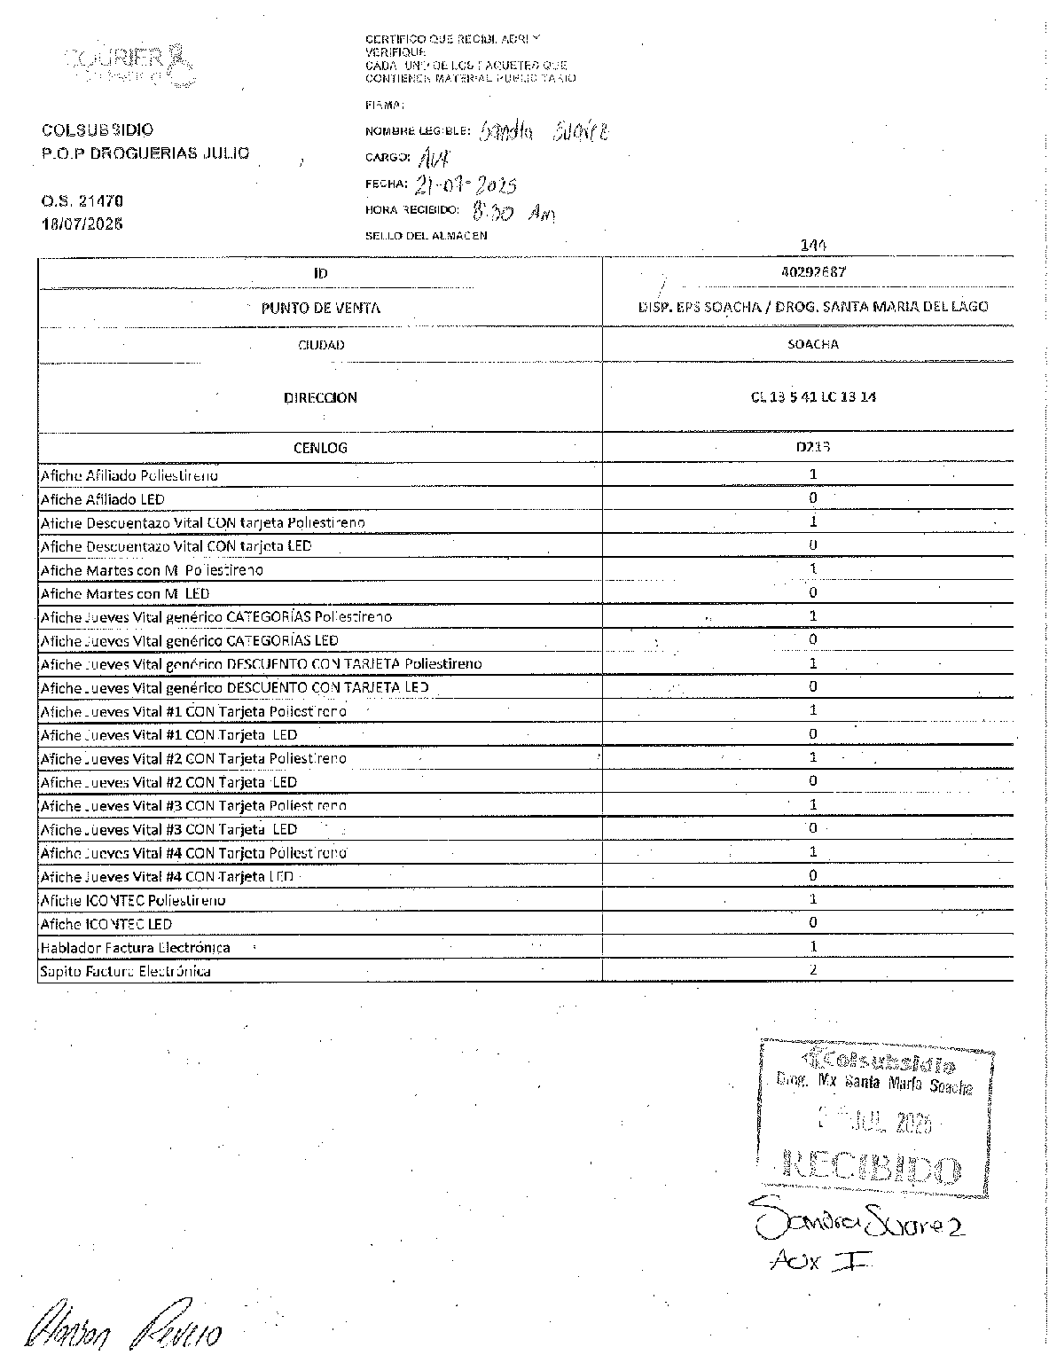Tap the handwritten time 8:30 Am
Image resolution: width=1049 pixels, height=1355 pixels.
coord(513,213)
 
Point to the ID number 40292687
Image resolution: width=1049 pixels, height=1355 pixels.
coord(809,272)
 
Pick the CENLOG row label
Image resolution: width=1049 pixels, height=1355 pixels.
coord(320,448)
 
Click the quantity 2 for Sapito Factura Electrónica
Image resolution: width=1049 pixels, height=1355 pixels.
coord(812,969)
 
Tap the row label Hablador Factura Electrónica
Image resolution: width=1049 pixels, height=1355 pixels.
coord(136,947)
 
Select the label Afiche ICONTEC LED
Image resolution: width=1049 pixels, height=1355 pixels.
coord(106,924)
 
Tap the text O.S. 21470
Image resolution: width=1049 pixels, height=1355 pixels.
coord(82,201)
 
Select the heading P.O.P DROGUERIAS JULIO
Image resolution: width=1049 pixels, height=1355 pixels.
coord(145,153)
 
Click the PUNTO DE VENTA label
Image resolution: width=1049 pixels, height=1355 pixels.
coord(320,309)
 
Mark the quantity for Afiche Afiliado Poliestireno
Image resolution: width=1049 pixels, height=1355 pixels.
coord(812,474)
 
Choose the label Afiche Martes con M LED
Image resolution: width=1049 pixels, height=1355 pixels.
coord(125,593)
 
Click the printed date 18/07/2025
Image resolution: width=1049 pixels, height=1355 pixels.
coord(82,223)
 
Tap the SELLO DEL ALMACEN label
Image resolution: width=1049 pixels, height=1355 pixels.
coord(426,236)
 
